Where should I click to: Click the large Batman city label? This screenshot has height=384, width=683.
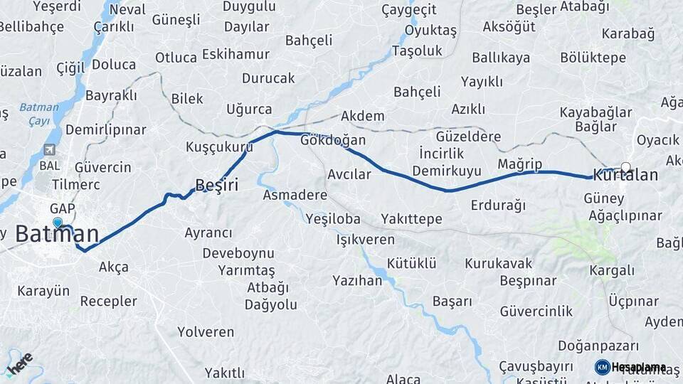[x=57, y=233]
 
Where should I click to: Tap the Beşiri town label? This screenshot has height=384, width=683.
[x=216, y=185]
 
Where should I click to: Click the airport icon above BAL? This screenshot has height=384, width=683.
[x=49, y=150]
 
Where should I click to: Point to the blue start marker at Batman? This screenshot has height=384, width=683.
[x=58, y=223]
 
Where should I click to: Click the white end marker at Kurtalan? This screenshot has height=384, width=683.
[x=625, y=167]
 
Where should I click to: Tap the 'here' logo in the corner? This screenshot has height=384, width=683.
[x=19, y=363]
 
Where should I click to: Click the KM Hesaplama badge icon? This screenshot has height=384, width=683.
[x=603, y=367]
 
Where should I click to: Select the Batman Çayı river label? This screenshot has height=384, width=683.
[x=34, y=114]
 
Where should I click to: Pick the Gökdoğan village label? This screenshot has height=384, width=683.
[x=333, y=139]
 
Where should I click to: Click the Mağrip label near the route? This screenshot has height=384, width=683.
[x=519, y=164]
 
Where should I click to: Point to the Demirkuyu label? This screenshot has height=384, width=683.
[x=447, y=171]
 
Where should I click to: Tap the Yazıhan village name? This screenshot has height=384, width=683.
[x=357, y=280]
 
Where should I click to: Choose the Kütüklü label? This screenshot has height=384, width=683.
[x=412, y=263]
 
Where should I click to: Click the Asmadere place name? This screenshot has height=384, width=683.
[x=295, y=194]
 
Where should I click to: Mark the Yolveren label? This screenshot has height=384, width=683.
[x=206, y=331]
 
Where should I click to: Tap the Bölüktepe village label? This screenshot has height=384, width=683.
[x=593, y=58]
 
